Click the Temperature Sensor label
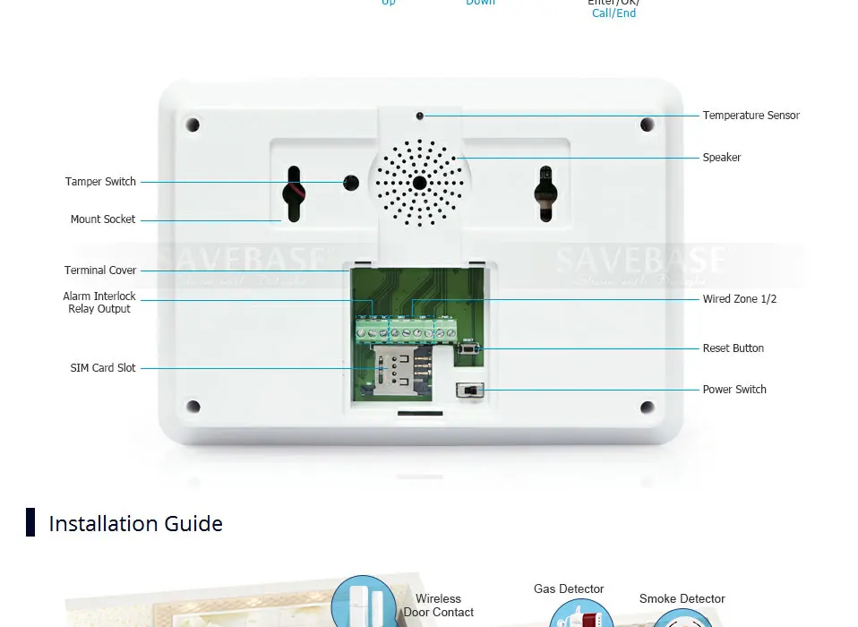(x=751, y=116)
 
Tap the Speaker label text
(x=721, y=158)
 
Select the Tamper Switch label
(x=100, y=182)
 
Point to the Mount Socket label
(x=103, y=219)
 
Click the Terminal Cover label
(x=100, y=271)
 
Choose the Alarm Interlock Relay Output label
(x=99, y=303)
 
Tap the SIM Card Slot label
(x=103, y=368)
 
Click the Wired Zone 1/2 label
(x=739, y=299)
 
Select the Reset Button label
(x=733, y=348)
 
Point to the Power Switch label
(x=734, y=390)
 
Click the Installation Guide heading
(x=135, y=523)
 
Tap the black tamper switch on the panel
(x=352, y=183)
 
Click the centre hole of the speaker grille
(x=419, y=183)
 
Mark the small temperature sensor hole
(x=419, y=116)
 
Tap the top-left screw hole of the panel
(x=193, y=125)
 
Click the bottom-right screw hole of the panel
(x=647, y=408)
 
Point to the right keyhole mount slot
(x=545, y=190)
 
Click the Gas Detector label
(x=569, y=589)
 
